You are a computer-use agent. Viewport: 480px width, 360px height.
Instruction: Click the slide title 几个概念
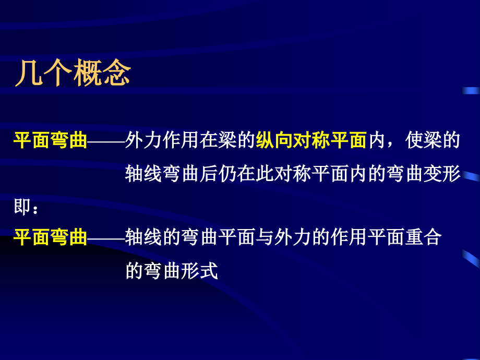(73, 74)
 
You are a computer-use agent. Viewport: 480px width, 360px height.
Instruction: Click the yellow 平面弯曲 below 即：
(50, 238)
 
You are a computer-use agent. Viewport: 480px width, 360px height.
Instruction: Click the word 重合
(424, 238)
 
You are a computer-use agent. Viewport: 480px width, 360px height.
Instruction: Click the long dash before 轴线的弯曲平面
(106, 238)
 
